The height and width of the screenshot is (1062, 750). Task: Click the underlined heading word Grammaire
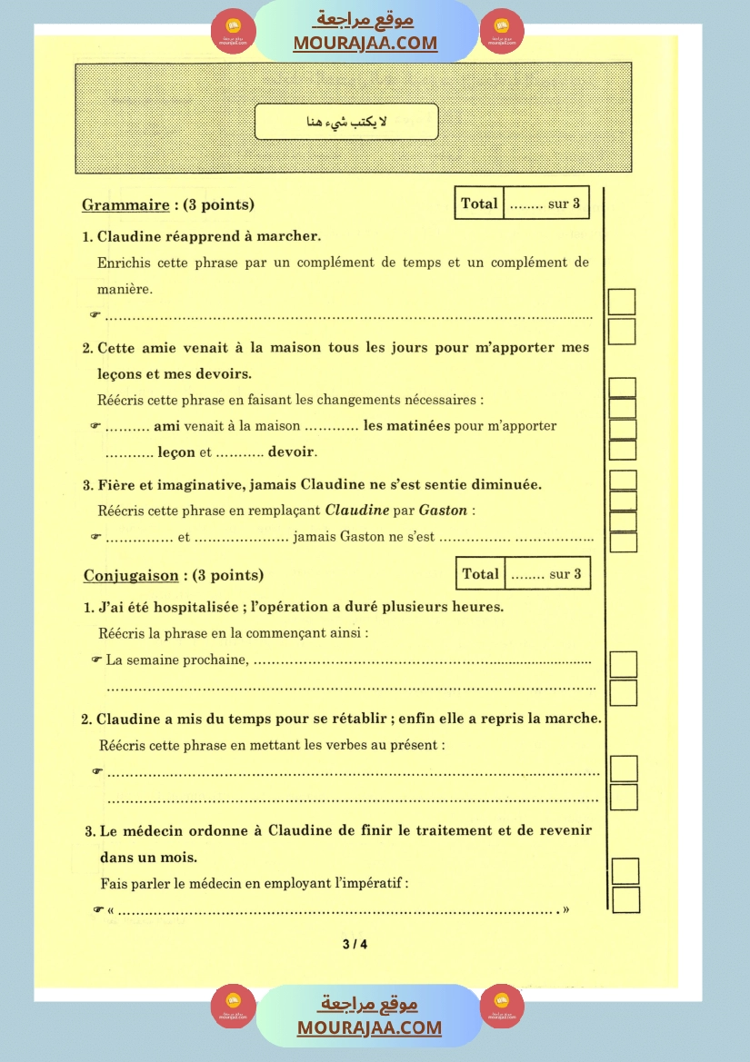pyautogui.click(x=125, y=205)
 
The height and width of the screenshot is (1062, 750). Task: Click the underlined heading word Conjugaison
pyautogui.click(x=130, y=575)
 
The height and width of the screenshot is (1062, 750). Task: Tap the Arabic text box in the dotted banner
pyautogui.click(x=346, y=123)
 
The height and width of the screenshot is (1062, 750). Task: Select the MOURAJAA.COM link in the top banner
pyautogui.click(x=365, y=43)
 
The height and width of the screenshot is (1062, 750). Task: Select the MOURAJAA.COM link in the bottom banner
pyautogui.click(x=369, y=1027)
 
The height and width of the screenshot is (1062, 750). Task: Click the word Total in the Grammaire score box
pyautogui.click(x=479, y=203)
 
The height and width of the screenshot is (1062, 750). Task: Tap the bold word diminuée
pyautogui.click(x=503, y=484)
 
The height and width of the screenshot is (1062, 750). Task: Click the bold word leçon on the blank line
pyautogui.click(x=176, y=452)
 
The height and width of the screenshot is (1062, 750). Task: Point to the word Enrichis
pyautogui.click(x=123, y=263)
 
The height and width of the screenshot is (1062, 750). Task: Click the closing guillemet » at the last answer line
pyautogui.click(x=565, y=909)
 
